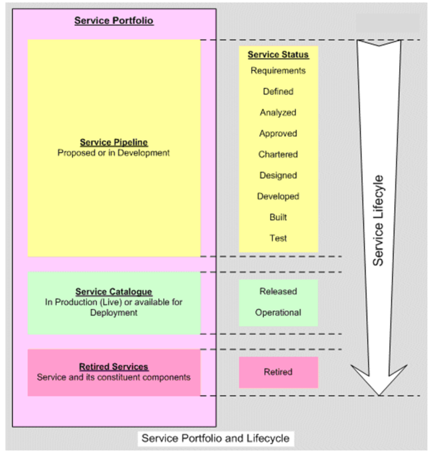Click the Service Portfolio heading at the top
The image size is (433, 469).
click(114, 21)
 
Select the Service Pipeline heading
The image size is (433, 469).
click(114, 143)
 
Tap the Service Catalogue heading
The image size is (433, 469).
click(114, 292)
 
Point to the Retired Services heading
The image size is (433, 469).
click(114, 367)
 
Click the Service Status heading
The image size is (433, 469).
click(278, 55)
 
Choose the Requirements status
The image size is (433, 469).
click(278, 71)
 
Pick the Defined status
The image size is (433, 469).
click(278, 92)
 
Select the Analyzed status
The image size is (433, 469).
click(278, 113)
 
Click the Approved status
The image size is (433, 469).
click(278, 133)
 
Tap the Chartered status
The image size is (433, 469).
click(278, 154)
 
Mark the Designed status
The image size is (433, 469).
click(278, 175)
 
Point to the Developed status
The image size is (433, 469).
click(278, 196)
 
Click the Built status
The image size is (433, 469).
click(278, 217)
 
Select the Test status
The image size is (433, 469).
click(278, 238)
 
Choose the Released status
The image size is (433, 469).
click(278, 292)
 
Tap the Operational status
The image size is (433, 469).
click(278, 313)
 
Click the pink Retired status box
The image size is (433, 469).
click(278, 372)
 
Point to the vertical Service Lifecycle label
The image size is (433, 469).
click(378, 221)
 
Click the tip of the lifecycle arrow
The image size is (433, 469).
click(379, 394)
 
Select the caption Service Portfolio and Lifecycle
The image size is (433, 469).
click(215, 438)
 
